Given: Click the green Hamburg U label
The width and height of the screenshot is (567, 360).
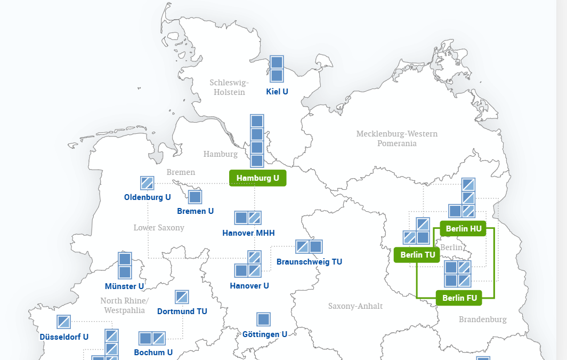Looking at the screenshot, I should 258,178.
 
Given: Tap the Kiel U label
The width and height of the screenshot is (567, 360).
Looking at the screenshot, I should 277,92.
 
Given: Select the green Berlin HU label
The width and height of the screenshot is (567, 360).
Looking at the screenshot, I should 463,229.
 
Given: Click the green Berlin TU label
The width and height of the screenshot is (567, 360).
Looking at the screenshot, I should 418,255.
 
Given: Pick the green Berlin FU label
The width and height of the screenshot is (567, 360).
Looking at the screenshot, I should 459,298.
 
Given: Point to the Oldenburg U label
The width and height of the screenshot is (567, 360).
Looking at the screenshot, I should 148,197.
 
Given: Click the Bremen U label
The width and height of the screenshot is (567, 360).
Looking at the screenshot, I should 195,211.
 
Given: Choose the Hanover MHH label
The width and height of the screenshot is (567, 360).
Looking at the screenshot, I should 248,233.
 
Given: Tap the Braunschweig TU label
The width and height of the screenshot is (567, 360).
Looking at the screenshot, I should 309,262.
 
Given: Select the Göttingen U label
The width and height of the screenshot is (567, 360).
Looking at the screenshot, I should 265,334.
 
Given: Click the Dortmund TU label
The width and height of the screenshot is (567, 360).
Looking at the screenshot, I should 182,311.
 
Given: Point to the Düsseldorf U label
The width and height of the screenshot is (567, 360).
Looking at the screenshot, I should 64,337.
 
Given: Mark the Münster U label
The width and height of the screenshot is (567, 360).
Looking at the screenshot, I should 124,286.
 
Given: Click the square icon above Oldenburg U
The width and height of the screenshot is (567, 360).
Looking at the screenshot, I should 147,183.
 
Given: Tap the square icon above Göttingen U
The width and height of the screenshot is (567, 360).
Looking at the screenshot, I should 263,319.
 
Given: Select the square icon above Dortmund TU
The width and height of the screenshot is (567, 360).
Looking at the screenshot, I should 182,297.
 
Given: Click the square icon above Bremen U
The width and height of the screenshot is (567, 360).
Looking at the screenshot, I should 195,197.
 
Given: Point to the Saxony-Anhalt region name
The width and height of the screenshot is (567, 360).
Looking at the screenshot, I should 355,306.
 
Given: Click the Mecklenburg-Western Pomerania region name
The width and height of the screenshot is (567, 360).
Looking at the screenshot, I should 397,138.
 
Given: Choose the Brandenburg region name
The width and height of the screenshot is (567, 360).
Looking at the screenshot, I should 483,319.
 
